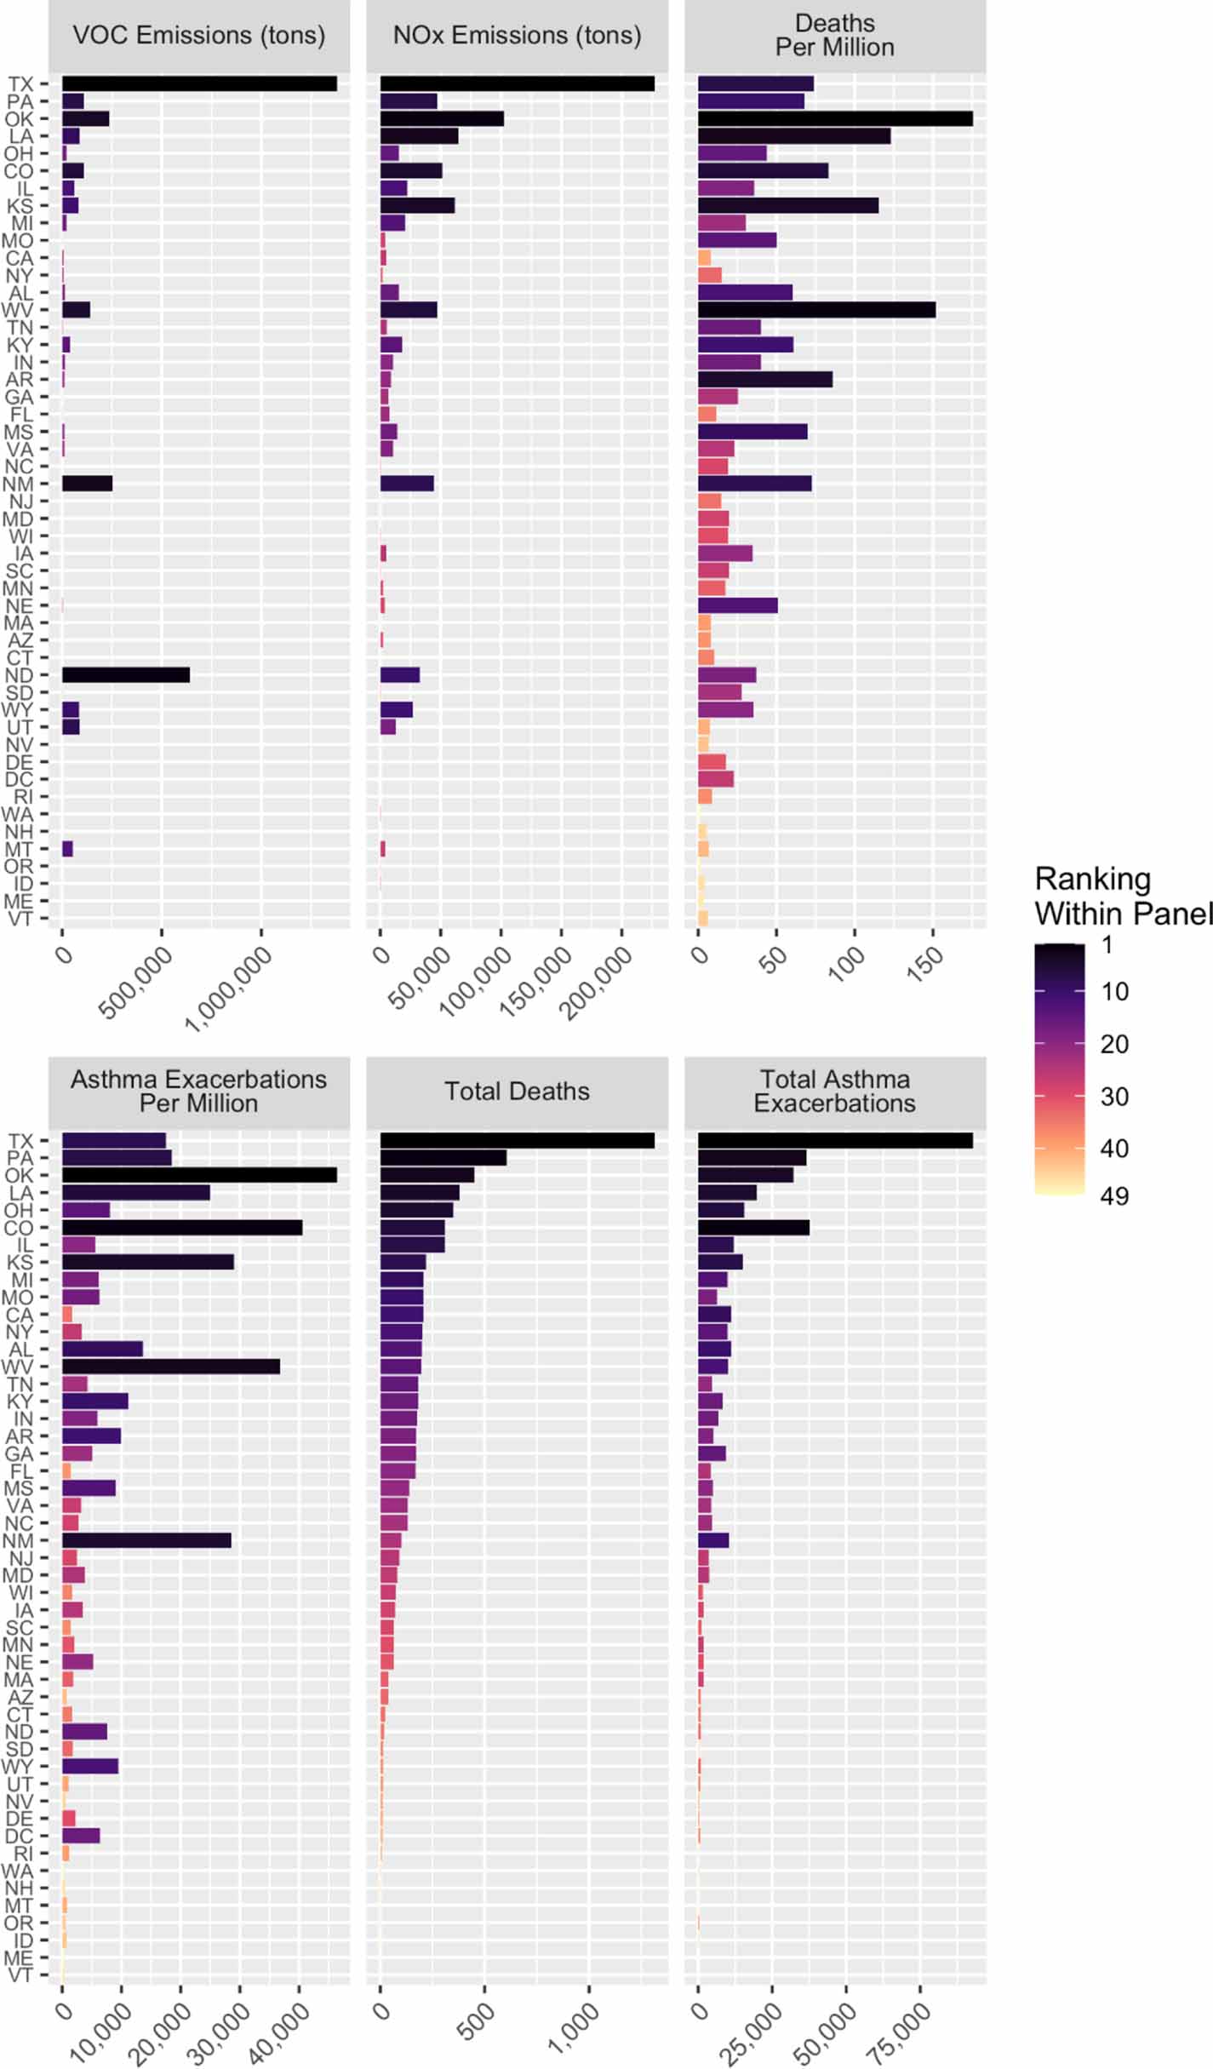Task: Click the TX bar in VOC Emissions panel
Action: (x=199, y=83)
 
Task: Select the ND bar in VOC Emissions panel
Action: (x=126, y=675)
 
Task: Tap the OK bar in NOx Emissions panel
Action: (x=442, y=118)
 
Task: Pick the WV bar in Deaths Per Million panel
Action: (x=816, y=310)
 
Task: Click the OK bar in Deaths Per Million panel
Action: (x=835, y=118)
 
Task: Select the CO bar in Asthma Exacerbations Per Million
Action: (x=182, y=1227)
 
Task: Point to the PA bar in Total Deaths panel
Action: (x=443, y=1158)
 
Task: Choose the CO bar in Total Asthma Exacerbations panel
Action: (x=753, y=1227)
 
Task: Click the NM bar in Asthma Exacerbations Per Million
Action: (x=146, y=1540)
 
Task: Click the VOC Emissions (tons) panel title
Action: (x=199, y=36)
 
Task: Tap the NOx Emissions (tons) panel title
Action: (x=517, y=36)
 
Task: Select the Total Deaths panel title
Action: (x=517, y=1092)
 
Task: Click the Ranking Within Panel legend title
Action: (x=1122, y=896)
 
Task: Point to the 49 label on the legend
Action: (x=1114, y=1195)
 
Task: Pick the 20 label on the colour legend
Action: (x=1114, y=1044)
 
